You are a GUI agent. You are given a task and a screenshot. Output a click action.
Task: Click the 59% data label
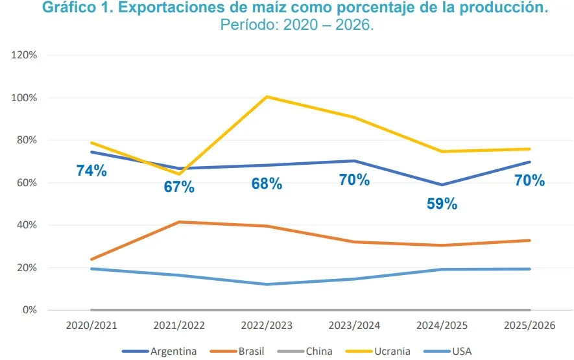442,204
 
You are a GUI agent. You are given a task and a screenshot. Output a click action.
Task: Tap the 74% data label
91,171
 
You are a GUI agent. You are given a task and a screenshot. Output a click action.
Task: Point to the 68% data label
267,184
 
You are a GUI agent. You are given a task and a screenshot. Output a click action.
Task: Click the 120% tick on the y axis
24,55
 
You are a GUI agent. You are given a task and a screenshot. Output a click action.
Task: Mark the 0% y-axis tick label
29,310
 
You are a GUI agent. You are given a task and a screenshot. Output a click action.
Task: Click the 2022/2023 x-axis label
267,325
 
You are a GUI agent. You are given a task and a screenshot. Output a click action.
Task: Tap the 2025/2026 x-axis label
529,325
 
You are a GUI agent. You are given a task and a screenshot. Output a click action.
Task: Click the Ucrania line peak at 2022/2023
267,97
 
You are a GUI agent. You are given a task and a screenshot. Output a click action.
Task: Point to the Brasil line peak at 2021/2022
179,222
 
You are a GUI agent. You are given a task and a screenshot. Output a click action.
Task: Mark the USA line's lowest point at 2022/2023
267,284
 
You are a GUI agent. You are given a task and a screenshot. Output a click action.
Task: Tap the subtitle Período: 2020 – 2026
297,25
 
